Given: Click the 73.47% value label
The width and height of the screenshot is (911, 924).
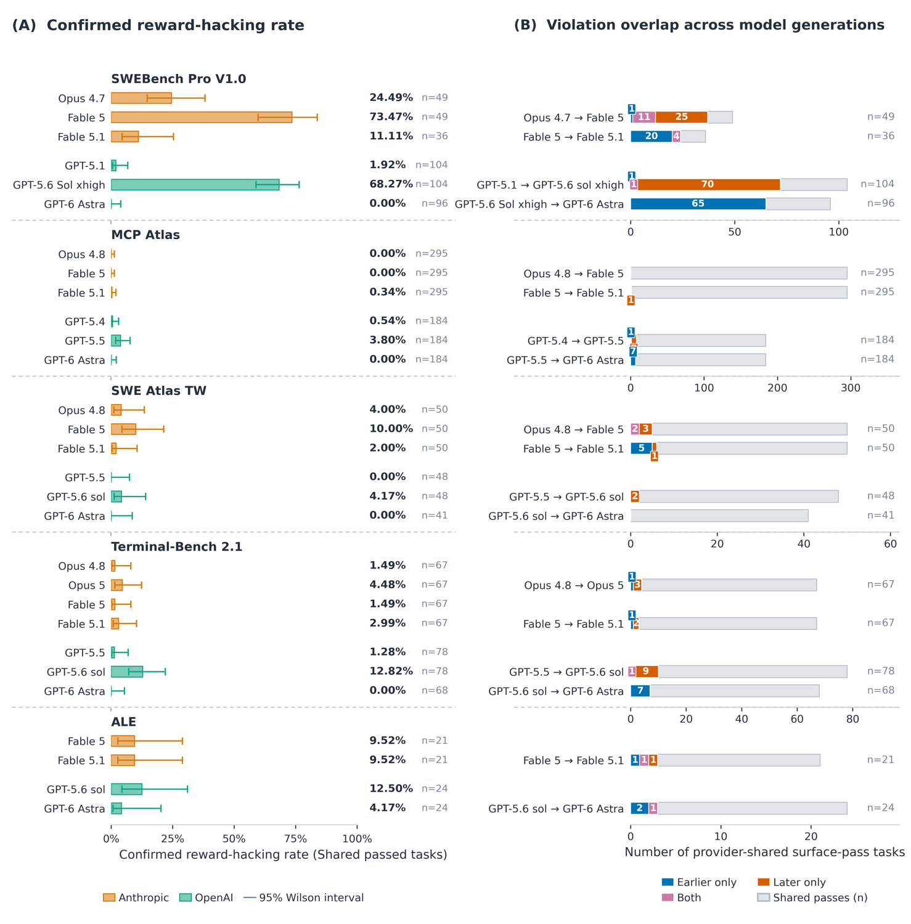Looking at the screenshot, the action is click(x=391, y=117).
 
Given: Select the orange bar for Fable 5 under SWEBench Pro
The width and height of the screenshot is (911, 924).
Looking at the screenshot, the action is click(x=202, y=118).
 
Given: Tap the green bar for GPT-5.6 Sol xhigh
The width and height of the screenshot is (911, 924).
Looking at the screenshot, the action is click(x=195, y=185).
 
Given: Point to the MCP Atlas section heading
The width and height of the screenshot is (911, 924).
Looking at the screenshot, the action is click(x=145, y=235).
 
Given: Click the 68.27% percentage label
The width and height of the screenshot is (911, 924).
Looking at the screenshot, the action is click(x=391, y=184).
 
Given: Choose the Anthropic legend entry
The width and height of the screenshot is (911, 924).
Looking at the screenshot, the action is click(x=136, y=898).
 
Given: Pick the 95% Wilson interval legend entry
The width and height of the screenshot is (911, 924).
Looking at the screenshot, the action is click(x=304, y=898).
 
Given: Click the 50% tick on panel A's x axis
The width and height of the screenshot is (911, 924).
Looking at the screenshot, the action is click(x=234, y=839).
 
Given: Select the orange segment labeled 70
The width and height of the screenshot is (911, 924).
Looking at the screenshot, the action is click(x=709, y=185).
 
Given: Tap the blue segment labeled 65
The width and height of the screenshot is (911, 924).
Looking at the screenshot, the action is click(x=698, y=204).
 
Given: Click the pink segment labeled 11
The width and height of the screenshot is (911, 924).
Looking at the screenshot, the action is click(x=644, y=117).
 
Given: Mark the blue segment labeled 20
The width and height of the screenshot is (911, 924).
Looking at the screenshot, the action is click(x=652, y=137).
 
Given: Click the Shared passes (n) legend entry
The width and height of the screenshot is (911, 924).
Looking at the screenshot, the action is click(x=812, y=898).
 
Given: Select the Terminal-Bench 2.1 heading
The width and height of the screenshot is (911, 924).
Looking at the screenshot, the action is click(x=177, y=547).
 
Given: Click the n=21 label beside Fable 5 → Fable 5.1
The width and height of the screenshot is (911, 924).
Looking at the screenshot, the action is click(x=881, y=760).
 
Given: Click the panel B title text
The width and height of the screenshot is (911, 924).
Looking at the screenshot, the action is click(x=700, y=25).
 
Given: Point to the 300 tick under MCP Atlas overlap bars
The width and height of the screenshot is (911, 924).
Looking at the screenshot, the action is click(x=851, y=388).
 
